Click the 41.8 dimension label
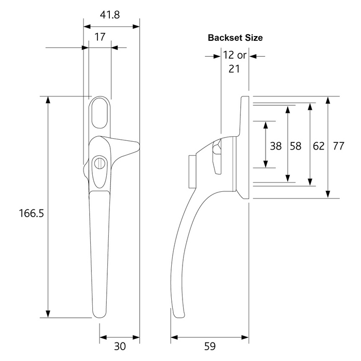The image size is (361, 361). pyautogui.click(x=110, y=15)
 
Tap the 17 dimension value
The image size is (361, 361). pyautogui.click(x=100, y=37)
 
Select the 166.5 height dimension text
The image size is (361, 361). pyautogui.click(x=31, y=213)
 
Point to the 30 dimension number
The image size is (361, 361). pyautogui.click(x=120, y=346)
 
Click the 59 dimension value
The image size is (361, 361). pyautogui.click(x=210, y=346)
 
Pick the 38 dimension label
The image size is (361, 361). pyautogui.click(x=275, y=146)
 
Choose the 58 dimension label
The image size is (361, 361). pyautogui.click(x=296, y=146)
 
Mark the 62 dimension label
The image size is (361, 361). pyautogui.click(x=319, y=146)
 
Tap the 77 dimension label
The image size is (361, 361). pyautogui.click(x=338, y=146)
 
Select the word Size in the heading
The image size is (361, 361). pyautogui.click(x=254, y=38)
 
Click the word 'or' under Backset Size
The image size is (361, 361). pyautogui.click(x=242, y=56)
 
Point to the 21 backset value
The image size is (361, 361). pyautogui.click(x=234, y=69)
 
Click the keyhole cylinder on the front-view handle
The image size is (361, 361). pyautogui.click(x=100, y=163)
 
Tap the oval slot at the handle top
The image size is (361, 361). pyautogui.click(x=100, y=113)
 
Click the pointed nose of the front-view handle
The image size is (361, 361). pyautogui.click(x=138, y=146)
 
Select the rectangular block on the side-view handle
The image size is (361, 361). pyautogui.click(x=192, y=172)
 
